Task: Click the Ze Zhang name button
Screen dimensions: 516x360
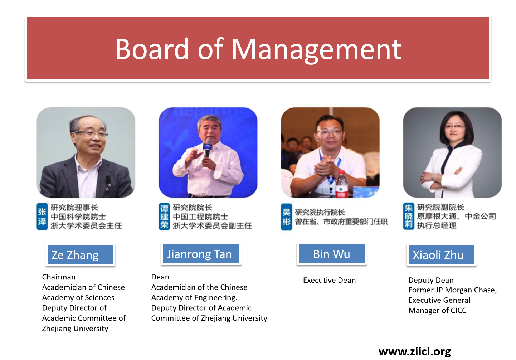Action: [80, 255]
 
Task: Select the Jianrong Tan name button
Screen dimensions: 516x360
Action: [201, 254]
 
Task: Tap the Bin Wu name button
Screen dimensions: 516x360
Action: [331, 254]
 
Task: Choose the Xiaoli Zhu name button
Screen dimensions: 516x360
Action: [441, 255]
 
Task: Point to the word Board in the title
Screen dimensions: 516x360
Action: [152, 49]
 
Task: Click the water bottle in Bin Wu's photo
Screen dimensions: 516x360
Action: [341, 184]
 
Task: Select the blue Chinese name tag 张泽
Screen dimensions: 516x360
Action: [42, 216]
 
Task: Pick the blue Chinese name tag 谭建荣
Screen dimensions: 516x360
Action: [164, 216]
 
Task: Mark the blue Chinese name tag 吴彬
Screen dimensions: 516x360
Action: [286, 217]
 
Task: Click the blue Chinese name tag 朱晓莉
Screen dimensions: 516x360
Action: [408, 216]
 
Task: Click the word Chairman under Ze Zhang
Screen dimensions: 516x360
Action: [59, 277]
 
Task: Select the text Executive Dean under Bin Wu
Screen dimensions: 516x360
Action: [330, 280]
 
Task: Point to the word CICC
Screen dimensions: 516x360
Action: [458, 311]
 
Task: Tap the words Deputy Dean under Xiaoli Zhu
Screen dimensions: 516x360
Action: [431, 280]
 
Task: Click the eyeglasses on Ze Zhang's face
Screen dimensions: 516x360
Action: [91, 134]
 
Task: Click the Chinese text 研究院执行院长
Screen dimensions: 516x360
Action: [320, 212]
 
